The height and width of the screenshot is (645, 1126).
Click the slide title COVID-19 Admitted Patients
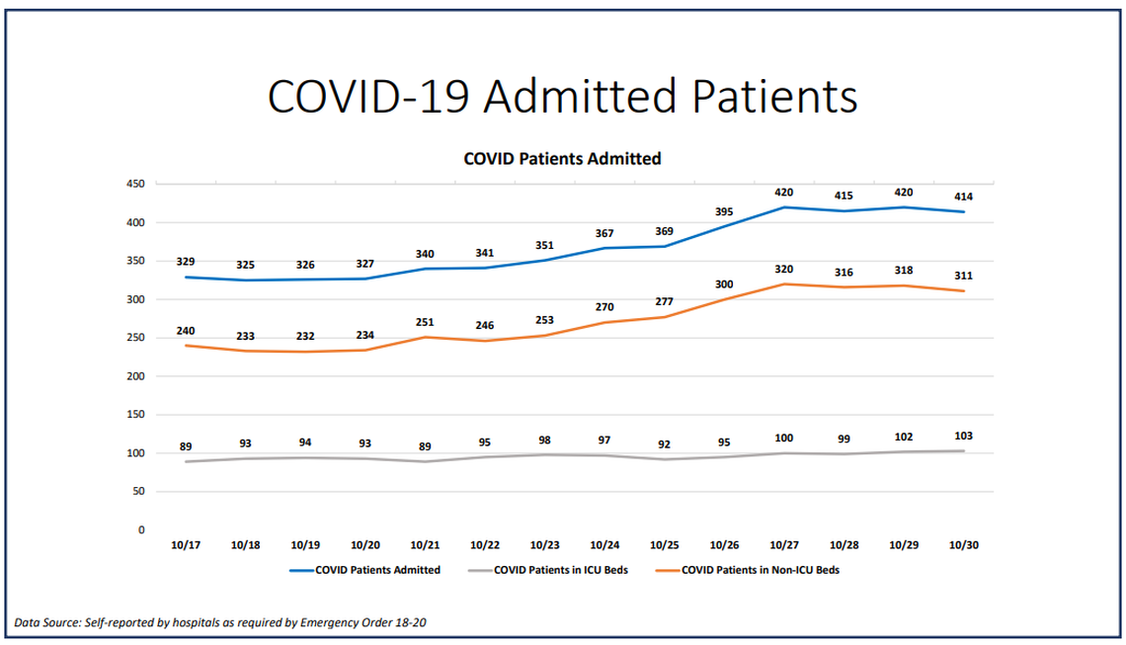(x=562, y=97)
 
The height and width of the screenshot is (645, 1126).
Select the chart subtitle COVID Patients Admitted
(x=562, y=158)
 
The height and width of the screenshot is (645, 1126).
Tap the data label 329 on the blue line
(x=186, y=262)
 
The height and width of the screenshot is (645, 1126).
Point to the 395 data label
(x=724, y=211)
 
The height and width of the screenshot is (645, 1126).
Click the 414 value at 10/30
(x=964, y=198)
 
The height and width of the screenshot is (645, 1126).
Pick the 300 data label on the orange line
(x=724, y=284)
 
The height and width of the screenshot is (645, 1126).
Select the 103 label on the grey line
(x=964, y=436)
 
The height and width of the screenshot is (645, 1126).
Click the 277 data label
(x=664, y=301)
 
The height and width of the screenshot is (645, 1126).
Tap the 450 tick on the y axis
(x=136, y=185)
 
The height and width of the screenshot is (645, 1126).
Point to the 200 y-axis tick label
(x=136, y=376)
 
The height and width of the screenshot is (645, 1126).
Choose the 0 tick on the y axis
(x=141, y=530)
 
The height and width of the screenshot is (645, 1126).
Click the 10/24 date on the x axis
(x=604, y=545)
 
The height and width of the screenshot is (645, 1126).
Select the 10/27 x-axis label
(x=784, y=545)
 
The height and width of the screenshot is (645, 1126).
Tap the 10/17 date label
(x=186, y=545)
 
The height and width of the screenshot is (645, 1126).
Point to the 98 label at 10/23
(x=544, y=439)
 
